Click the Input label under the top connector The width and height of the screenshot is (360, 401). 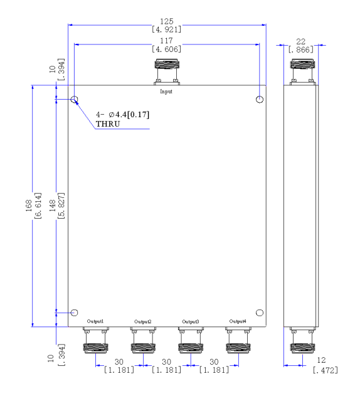pyautogui.click(x=166, y=91)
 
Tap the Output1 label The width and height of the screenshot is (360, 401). pyautogui.click(x=95, y=321)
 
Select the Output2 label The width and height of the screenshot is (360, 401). pyautogui.click(x=143, y=321)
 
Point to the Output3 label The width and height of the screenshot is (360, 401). pyautogui.click(x=191, y=321)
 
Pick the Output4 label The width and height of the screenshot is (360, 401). pyautogui.click(x=238, y=321)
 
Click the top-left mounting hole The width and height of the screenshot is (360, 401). pyautogui.click(x=74, y=99)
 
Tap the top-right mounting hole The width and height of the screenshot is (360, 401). pyautogui.click(x=260, y=99)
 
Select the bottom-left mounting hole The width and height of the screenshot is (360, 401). pyautogui.click(x=74, y=313)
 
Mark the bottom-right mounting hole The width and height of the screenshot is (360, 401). pyautogui.click(x=260, y=313)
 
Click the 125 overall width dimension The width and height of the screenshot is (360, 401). pyautogui.click(x=167, y=21)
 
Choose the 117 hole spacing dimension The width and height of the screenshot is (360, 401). pyautogui.click(x=166, y=41)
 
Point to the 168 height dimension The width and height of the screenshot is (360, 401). pyautogui.click(x=29, y=206)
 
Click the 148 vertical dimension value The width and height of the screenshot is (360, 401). pyautogui.click(x=53, y=206)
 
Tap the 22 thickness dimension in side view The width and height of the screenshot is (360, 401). pyautogui.click(x=301, y=42)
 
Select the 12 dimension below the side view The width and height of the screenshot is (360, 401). pyautogui.click(x=321, y=360)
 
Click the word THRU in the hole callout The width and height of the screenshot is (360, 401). pyautogui.click(x=108, y=124)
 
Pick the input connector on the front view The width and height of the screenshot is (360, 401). pyautogui.click(x=167, y=72)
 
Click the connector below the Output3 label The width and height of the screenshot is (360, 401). pyautogui.click(x=191, y=340)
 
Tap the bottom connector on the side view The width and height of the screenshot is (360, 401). pyautogui.click(x=302, y=340)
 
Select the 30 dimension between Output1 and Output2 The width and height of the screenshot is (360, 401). pyautogui.click(x=119, y=362)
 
